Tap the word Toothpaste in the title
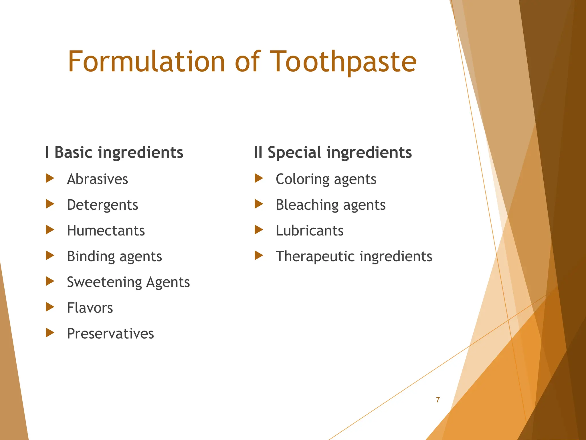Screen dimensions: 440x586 pyautogui.click(x=343, y=62)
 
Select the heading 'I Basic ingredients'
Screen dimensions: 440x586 pyautogui.click(x=114, y=152)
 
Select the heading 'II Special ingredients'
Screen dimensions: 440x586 pyautogui.click(x=333, y=152)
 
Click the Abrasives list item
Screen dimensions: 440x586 pyautogui.click(x=97, y=179)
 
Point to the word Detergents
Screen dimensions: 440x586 pyautogui.click(x=102, y=205)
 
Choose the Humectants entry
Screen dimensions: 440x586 pyautogui.click(x=106, y=231)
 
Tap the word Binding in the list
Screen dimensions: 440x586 pyautogui.click(x=90, y=256)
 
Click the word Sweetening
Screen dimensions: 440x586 pyautogui.click(x=104, y=282)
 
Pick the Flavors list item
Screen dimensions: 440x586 pyautogui.click(x=90, y=308)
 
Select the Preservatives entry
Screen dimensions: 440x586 pyautogui.click(x=110, y=334)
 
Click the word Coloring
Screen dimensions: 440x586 pyautogui.click(x=302, y=179)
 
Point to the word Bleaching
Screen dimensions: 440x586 pyautogui.click(x=307, y=205)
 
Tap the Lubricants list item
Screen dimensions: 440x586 pyautogui.click(x=310, y=231)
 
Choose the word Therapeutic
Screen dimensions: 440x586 pyautogui.click(x=316, y=256)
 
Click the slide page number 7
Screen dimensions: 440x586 pyautogui.click(x=438, y=400)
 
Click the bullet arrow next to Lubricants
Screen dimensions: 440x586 pyautogui.click(x=259, y=230)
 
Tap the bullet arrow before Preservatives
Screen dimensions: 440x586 pyautogui.click(x=50, y=333)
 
